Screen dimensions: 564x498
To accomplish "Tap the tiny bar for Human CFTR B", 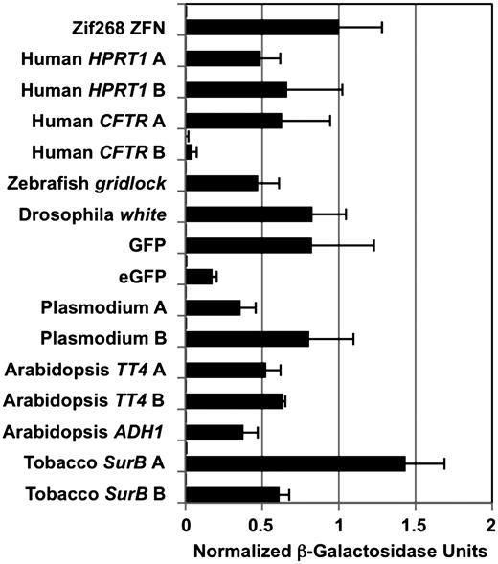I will pyautogui.click(x=190, y=152).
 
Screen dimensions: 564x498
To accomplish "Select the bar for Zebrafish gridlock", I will pyautogui.click(x=221, y=183).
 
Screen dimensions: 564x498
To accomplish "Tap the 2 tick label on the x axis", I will pyautogui.click(x=490, y=526).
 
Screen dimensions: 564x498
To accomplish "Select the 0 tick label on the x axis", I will pyautogui.click(x=186, y=526).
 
